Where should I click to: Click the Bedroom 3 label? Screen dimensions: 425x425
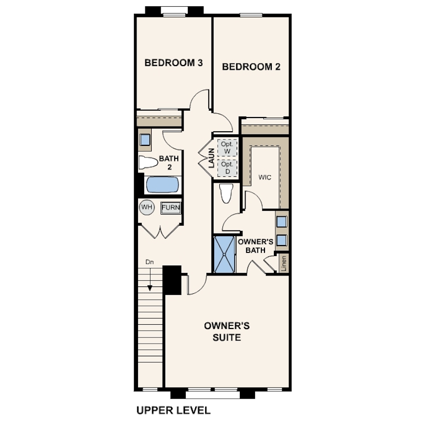pos(174,63)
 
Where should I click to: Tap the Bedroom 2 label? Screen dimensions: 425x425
pos(251,67)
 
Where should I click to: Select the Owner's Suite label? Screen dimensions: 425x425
pos(227,332)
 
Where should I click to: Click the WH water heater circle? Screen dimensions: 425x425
pos(147,207)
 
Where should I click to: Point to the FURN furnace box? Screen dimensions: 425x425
pos(171,208)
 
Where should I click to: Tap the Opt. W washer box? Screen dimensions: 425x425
pos(227,148)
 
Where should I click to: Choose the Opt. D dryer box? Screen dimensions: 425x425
pos(227,168)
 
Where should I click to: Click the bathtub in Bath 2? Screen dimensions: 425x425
pos(163,185)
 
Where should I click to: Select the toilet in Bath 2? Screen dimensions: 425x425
pos(148,162)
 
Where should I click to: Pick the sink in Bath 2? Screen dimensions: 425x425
pos(145,140)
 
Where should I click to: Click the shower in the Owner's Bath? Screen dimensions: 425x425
pos(224,254)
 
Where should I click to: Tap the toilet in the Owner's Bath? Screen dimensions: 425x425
pos(227,193)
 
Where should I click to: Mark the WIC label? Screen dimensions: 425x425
pos(265,177)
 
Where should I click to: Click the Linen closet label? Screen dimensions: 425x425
pos(284,263)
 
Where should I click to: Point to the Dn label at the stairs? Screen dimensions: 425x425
pos(150,262)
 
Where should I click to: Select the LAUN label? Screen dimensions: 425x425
pos(211,158)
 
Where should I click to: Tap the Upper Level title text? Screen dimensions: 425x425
pos(174,410)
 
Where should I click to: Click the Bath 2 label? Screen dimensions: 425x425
pos(169,163)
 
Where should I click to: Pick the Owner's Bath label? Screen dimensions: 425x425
pos(256,246)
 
